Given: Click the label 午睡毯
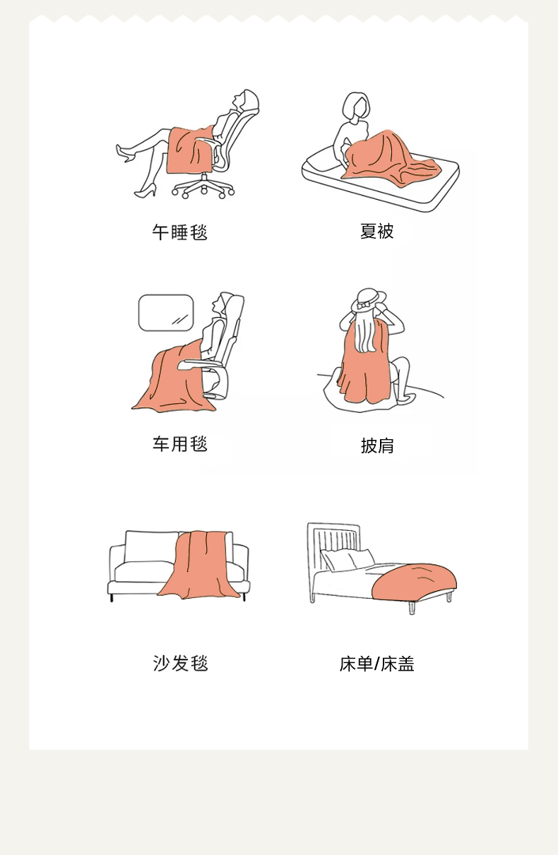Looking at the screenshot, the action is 180,232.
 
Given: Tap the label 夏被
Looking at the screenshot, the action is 376,232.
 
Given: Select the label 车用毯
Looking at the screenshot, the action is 180,444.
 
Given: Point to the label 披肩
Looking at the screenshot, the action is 377,446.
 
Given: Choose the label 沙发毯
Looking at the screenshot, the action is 180,664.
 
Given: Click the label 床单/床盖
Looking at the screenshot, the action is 377,664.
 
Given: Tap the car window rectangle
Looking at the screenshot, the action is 166,313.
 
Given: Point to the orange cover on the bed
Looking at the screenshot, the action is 415,580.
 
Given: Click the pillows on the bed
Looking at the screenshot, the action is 348,558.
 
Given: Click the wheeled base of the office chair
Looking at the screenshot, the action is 203,187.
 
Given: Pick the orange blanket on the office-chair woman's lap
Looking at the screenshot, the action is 190,150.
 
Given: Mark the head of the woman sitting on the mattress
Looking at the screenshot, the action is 356,106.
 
